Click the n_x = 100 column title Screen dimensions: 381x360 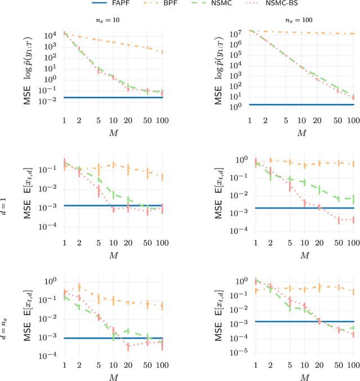pos(301,20)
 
